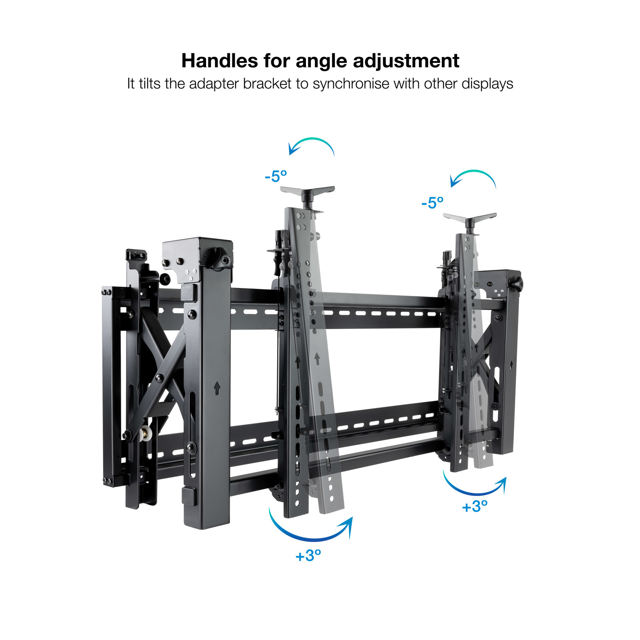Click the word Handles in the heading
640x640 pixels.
tap(220, 61)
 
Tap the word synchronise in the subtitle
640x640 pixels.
tap(351, 84)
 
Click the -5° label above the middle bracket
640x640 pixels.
tap(276, 176)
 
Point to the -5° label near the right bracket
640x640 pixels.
tap(432, 203)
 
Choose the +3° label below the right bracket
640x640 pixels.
tap(475, 506)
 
